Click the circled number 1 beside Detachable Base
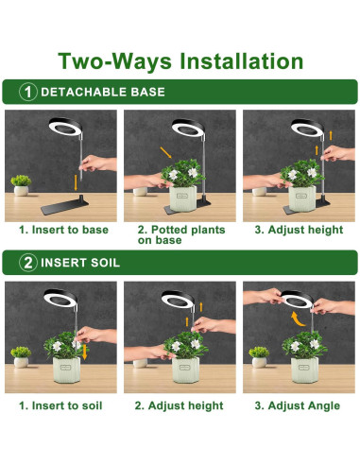pos(28,92)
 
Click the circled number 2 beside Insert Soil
pos(28,263)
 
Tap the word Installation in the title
pos(241,60)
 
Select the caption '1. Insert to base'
pos(63,230)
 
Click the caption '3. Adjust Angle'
pos(298,405)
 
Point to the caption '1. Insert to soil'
pos(60,405)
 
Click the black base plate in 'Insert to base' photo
pos(64,205)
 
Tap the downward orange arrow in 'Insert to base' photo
pos(76,182)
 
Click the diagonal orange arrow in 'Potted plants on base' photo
pos(165,152)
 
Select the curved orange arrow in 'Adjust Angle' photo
pos(297,319)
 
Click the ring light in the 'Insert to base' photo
pos(65,127)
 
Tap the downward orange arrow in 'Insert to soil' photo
pos(84,352)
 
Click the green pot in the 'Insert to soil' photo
pos(66,370)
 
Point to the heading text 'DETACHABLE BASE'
pos(103,92)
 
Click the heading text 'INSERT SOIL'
pos(80,263)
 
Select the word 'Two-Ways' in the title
pos(115,61)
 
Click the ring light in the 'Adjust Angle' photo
pos(297,299)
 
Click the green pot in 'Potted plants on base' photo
pos(183,198)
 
